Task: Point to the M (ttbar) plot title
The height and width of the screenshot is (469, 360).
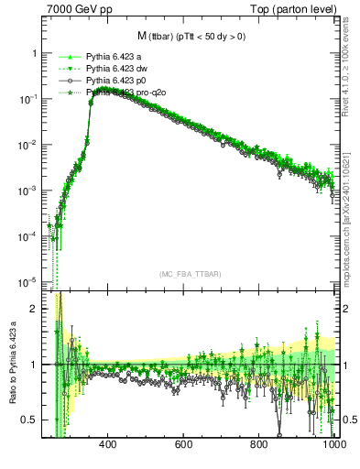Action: click(191, 36)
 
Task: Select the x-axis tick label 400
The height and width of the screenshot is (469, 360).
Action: click(107, 445)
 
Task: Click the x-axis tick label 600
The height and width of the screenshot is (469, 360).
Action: click(183, 445)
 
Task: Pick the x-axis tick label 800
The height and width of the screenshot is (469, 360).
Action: click(259, 445)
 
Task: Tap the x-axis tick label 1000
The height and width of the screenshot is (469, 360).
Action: click(333, 445)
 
